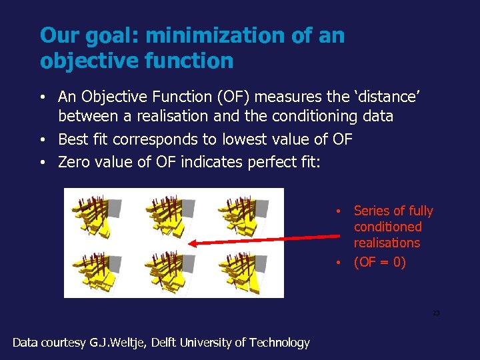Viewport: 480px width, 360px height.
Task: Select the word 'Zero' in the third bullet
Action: point(74,162)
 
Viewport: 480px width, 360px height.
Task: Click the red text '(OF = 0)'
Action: point(379,262)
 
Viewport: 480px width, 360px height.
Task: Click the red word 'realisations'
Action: point(387,243)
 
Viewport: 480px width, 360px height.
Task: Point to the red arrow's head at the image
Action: point(191,243)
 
